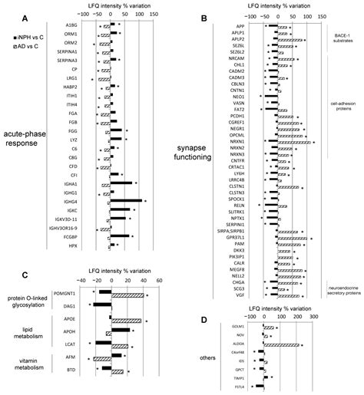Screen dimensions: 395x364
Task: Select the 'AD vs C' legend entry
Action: pyautogui.click(x=23, y=47)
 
